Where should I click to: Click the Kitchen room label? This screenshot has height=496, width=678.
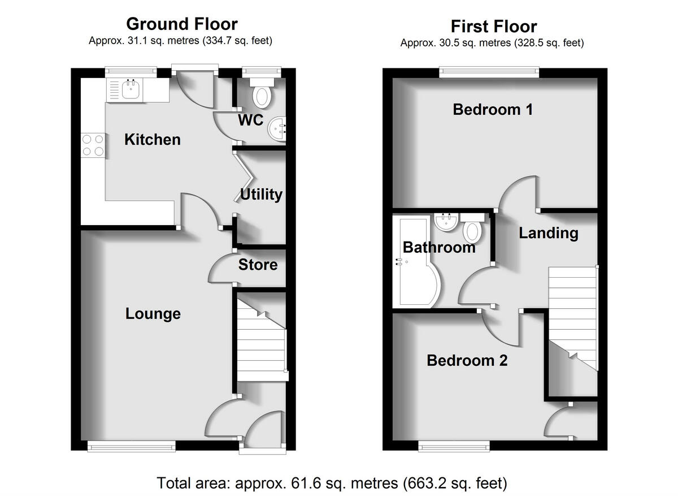pyautogui.click(x=153, y=140)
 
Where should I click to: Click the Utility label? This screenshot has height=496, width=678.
pyautogui.click(x=261, y=195)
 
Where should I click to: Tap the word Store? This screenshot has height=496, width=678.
pyautogui.click(x=258, y=265)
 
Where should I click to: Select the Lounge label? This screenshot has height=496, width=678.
pyautogui.click(x=153, y=314)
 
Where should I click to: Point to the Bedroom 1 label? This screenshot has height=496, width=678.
pyautogui.click(x=493, y=109)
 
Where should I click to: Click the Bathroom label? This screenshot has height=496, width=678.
pyautogui.click(x=439, y=247)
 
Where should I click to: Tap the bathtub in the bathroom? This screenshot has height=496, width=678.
pyautogui.click(x=416, y=263)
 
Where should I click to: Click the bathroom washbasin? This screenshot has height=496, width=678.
pyautogui.click(x=447, y=222)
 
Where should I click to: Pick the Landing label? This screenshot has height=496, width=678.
pyautogui.click(x=549, y=233)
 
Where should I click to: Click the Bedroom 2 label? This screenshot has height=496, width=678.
pyautogui.click(x=467, y=360)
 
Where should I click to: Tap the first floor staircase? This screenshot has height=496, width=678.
pyautogui.click(x=572, y=317)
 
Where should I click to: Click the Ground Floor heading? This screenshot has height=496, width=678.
pyautogui.click(x=181, y=24)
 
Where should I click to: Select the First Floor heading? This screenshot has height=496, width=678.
pyautogui.click(x=493, y=26)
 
